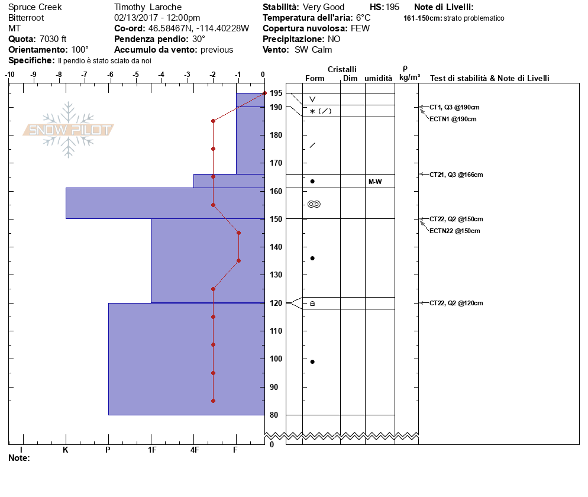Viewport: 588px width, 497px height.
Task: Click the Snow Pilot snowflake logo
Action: point(69,130)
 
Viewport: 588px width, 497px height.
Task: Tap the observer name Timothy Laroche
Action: point(148,7)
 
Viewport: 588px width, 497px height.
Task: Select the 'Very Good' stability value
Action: point(324,7)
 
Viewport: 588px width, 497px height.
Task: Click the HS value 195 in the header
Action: point(392,7)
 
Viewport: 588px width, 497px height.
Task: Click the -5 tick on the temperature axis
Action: point(136,75)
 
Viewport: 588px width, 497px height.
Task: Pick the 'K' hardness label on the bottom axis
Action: point(66,450)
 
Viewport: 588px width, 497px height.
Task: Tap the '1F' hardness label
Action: point(151,450)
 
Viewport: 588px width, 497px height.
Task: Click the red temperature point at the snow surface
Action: point(264,93)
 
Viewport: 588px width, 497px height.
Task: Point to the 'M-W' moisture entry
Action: point(375,182)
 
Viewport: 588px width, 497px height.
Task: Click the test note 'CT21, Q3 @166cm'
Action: point(456,175)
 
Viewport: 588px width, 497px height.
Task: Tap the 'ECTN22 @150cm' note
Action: point(455,231)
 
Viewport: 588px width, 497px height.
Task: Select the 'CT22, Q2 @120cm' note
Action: point(456,303)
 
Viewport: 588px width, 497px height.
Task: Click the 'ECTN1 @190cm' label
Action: point(453,119)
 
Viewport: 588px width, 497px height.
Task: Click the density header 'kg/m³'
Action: point(409,78)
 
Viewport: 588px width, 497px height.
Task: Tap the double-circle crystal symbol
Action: point(314,204)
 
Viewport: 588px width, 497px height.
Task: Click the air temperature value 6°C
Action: point(363,18)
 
